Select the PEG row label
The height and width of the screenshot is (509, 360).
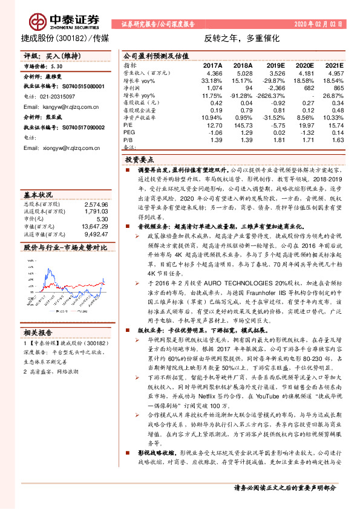129,132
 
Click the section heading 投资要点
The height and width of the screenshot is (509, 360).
140,158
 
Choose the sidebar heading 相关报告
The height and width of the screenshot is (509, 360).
38,332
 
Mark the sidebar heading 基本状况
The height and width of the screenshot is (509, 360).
38,195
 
